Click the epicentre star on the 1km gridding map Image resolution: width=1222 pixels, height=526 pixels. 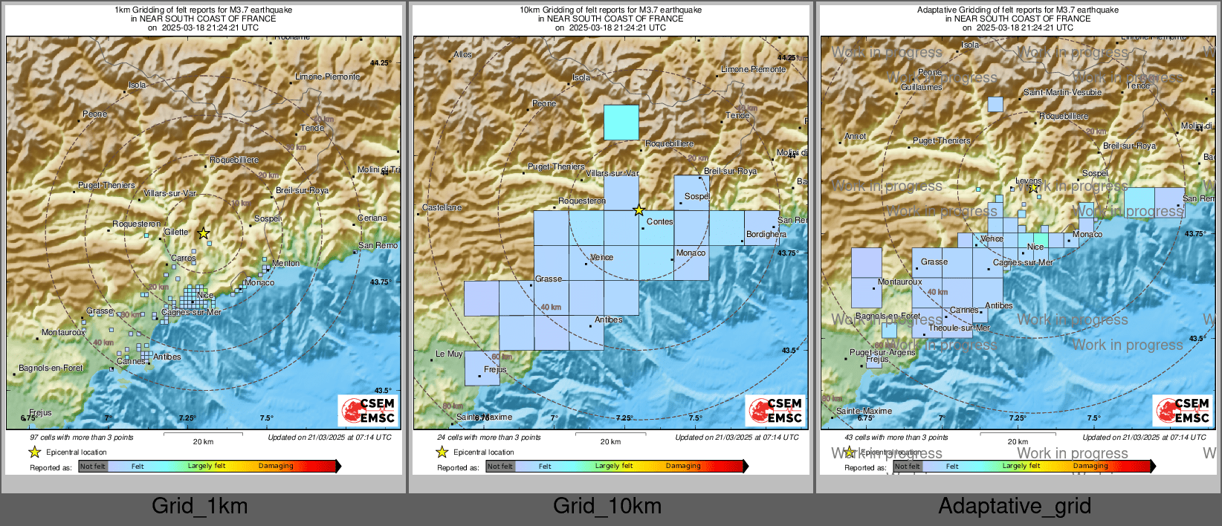click(204, 233)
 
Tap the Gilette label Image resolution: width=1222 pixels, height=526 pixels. click(176, 232)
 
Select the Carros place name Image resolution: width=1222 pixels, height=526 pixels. click(184, 259)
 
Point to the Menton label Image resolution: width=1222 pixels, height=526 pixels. click(286, 263)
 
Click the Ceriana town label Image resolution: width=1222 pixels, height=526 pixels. click(372, 218)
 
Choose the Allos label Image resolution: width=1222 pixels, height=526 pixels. click(463, 54)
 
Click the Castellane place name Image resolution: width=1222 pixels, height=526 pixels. click(442, 207)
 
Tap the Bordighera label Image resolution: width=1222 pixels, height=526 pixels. click(766, 234)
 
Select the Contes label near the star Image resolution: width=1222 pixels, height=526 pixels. click(660, 221)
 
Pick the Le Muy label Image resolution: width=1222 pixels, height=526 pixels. click(449, 354)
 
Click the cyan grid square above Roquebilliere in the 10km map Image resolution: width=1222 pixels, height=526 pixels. click(621, 123)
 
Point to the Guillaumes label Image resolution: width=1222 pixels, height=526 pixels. click(922, 87)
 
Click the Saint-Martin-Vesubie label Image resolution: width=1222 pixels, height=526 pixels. click(1063, 92)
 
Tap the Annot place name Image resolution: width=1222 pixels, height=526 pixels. click(856, 136)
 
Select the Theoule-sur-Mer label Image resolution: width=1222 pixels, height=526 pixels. click(960, 328)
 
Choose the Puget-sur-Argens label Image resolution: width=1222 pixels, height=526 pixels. click(883, 352)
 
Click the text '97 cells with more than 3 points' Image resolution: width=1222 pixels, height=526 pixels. click(82, 438)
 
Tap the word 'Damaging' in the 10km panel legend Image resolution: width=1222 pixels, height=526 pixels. click(683, 466)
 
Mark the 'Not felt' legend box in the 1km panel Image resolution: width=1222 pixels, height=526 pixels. click(93, 467)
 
